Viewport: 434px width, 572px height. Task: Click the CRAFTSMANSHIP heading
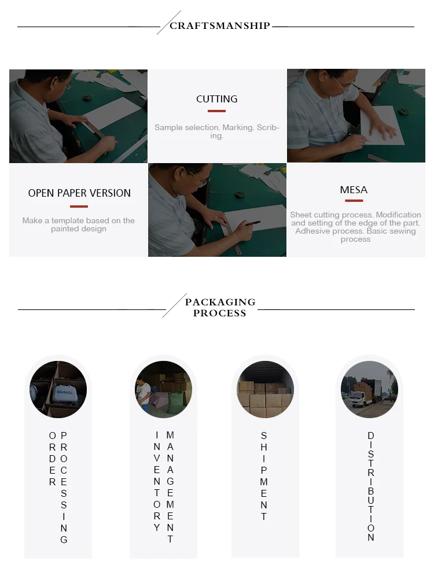click(220, 25)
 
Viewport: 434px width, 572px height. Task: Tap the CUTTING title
click(217, 99)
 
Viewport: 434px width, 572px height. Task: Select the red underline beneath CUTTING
click(217, 111)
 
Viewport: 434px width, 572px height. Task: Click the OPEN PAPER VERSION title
click(79, 193)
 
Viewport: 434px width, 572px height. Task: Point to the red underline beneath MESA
click(354, 201)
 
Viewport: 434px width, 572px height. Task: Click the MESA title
click(354, 190)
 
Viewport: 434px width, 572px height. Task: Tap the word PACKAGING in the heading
click(220, 302)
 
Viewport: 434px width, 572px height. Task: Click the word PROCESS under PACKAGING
click(220, 313)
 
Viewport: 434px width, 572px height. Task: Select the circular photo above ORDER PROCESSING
click(58, 389)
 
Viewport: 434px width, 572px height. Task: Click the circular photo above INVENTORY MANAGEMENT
click(163, 389)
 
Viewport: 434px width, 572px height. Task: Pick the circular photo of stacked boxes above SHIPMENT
click(266, 389)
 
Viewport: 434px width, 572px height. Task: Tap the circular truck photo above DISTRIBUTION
click(369, 389)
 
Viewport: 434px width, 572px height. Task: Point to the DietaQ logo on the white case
click(65, 392)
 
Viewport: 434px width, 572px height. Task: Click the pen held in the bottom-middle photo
click(253, 223)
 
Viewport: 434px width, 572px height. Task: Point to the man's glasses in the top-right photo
click(342, 84)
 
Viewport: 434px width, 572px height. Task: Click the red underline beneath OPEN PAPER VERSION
click(79, 206)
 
